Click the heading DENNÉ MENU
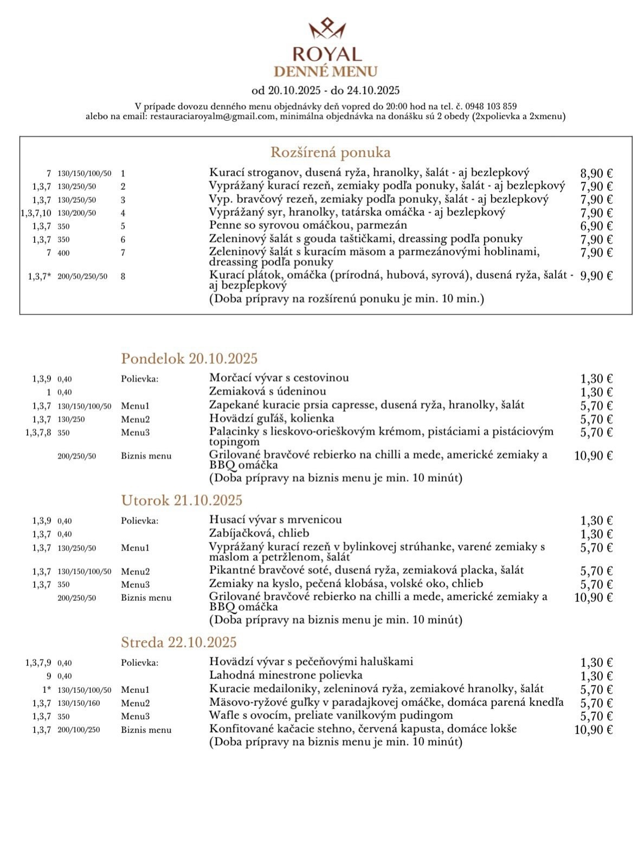point(326,72)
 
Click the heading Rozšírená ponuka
point(331,152)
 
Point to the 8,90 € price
point(596,173)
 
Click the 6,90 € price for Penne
point(596,226)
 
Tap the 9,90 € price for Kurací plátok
point(596,276)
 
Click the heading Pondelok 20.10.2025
point(189,358)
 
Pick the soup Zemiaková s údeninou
point(268,391)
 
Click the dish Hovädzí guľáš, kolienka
point(271,419)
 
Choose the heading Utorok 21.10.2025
point(182,500)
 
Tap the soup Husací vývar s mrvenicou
point(275,520)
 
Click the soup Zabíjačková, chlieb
point(259,533)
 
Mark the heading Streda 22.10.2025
point(179,642)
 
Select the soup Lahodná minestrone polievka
point(286,676)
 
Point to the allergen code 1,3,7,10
point(36,213)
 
